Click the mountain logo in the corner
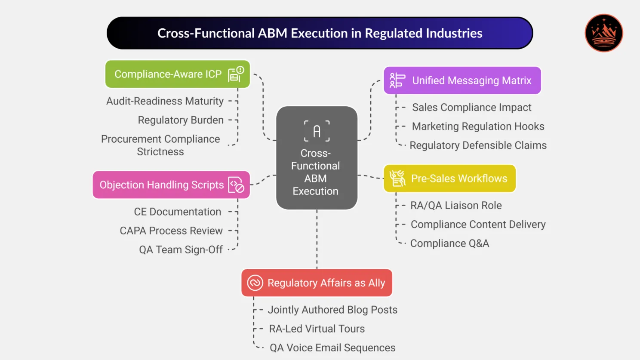[603, 33]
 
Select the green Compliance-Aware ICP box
[177, 74]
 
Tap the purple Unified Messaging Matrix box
[462, 80]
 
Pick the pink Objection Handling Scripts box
[171, 185]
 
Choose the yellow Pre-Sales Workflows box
[449, 178]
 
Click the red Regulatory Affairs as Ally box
[317, 283]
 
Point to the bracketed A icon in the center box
[317, 131]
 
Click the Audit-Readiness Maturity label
[165, 101]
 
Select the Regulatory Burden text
[181, 120]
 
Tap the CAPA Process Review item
[171, 231]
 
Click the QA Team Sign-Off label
[181, 249]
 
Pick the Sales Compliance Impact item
[471, 108]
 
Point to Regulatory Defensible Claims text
[478, 145]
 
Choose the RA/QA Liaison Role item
[456, 206]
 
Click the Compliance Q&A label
[449, 243]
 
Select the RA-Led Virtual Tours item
[317, 329]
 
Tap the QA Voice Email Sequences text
[332, 348]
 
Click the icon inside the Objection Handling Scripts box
[236, 185]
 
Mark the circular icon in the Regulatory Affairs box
[255, 283]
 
